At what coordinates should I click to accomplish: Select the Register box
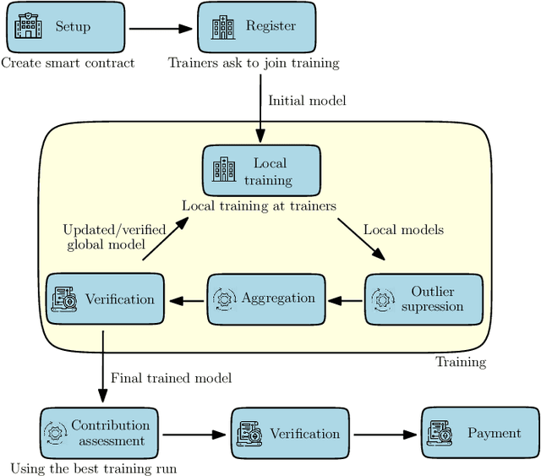pyautogui.click(x=256, y=26)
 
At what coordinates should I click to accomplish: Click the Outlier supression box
pyautogui.click(x=425, y=298)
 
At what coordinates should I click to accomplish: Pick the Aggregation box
pyautogui.click(x=265, y=298)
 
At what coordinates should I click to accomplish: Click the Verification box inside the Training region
pyautogui.click(x=105, y=299)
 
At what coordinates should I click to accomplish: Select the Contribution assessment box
pyautogui.click(x=98, y=433)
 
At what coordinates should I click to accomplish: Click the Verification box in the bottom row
pyautogui.click(x=289, y=434)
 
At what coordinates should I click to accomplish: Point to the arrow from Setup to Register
pyautogui.click(x=161, y=27)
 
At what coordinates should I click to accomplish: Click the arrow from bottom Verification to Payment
pyautogui.click(x=385, y=434)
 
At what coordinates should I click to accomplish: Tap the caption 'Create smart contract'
pyautogui.click(x=67, y=63)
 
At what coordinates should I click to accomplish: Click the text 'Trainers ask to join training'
pyautogui.click(x=253, y=63)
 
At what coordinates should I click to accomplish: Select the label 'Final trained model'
pyautogui.click(x=171, y=377)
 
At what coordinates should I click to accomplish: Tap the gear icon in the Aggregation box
pyautogui.click(x=226, y=298)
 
